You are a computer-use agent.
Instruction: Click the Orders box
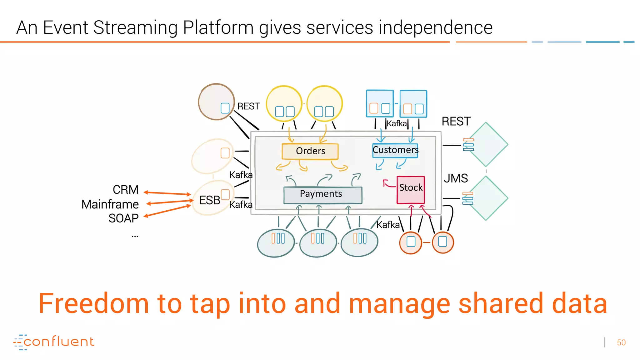tap(310, 151)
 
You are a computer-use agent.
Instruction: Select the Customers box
tap(395, 150)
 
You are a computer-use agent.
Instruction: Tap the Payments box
tap(322, 195)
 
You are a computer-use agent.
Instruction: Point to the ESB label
tap(209, 200)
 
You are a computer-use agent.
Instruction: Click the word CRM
tap(125, 190)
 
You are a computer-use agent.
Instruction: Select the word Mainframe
tap(110, 204)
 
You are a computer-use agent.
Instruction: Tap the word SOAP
tap(123, 218)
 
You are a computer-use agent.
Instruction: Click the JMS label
tap(456, 178)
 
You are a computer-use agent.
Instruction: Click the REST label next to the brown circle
tap(248, 106)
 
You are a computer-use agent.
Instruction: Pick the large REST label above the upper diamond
tap(456, 121)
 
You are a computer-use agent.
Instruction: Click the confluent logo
tap(54, 342)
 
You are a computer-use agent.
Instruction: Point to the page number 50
tap(621, 342)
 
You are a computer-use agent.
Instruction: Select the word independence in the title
tap(435, 27)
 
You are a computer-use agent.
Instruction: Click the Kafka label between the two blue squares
tap(397, 123)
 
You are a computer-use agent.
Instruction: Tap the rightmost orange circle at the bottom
tap(442, 242)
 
